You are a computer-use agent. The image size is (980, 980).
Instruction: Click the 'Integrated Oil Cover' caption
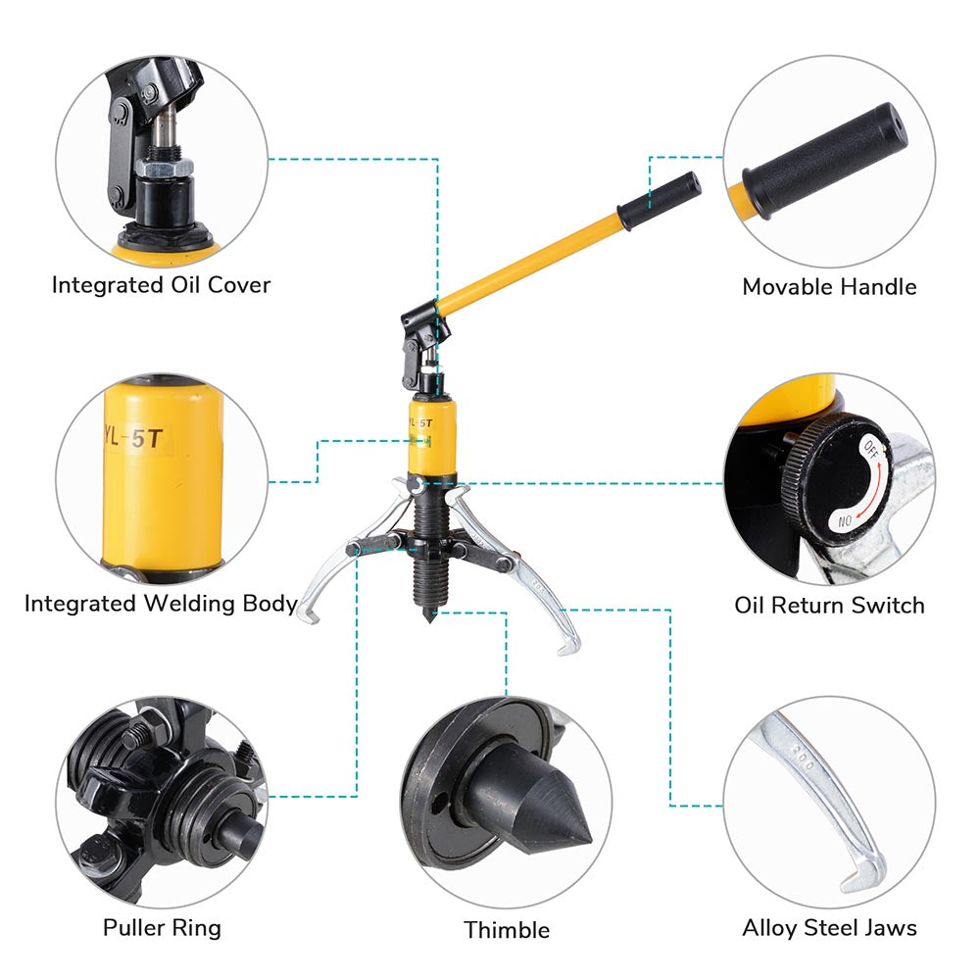pyautogui.click(x=161, y=285)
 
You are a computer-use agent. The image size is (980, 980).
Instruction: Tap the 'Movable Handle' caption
pyautogui.click(x=829, y=287)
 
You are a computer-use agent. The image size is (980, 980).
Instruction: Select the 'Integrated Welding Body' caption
pyautogui.click(x=161, y=604)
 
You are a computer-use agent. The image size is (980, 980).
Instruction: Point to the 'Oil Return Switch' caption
pyautogui.click(x=829, y=605)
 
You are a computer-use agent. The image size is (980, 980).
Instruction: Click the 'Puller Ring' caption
pyautogui.click(x=162, y=926)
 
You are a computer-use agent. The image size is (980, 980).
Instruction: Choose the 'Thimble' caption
pyautogui.click(x=507, y=929)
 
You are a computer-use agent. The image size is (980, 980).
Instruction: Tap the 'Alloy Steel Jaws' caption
pyautogui.click(x=829, y=926)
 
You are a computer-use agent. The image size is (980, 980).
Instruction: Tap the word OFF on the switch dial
pyautogui.click(x=870, y=452)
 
